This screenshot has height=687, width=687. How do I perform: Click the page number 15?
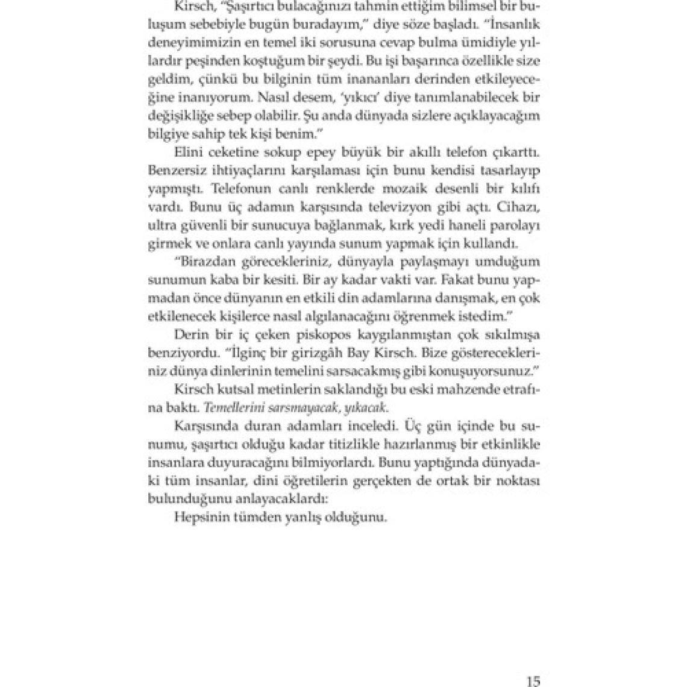tap(533, 665)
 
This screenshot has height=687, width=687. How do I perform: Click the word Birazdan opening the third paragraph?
tap(205, 262)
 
